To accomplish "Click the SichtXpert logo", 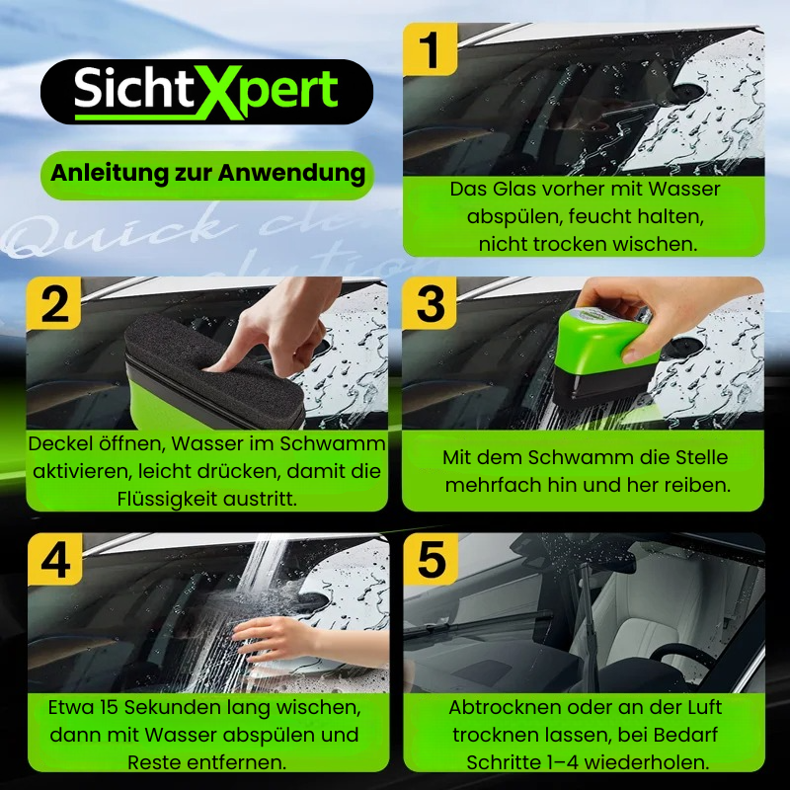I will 206,91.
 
